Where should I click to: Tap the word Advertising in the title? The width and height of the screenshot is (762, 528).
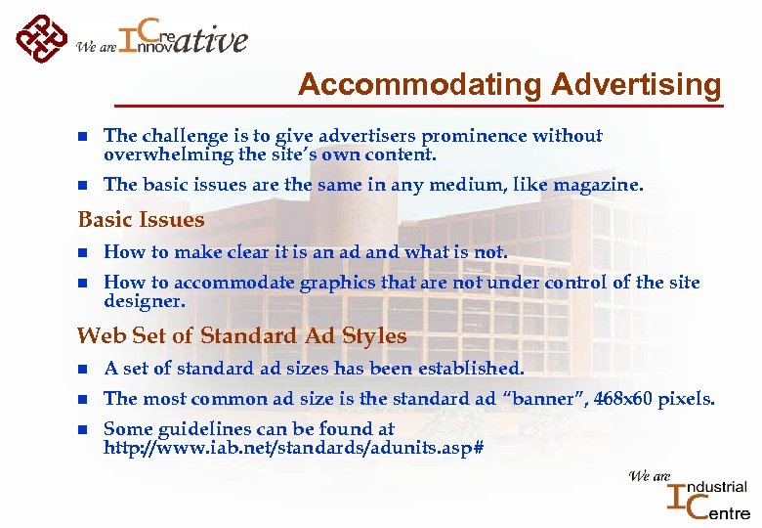[x=636, y=85]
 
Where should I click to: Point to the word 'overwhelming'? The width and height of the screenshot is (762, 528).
[x=162, y=154]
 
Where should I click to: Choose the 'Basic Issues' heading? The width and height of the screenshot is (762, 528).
[x=141, y=220]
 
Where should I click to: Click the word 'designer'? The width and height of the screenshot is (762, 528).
[x=144, y=301]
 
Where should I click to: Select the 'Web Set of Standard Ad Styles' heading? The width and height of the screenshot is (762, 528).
[x=241, y=336]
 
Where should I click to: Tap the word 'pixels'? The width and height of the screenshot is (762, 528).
[x=689, y=399]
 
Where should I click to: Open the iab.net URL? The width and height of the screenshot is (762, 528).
[x=293, y=448]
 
